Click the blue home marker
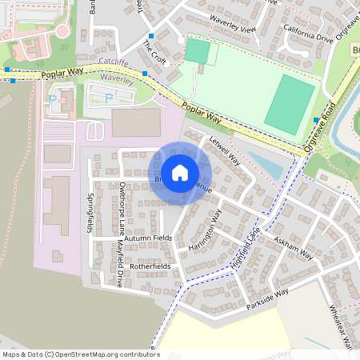point(180,172)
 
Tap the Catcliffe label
point(114,62)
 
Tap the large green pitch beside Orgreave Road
point(290,105)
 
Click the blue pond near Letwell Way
point(264,164)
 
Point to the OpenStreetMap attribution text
point(81,354)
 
